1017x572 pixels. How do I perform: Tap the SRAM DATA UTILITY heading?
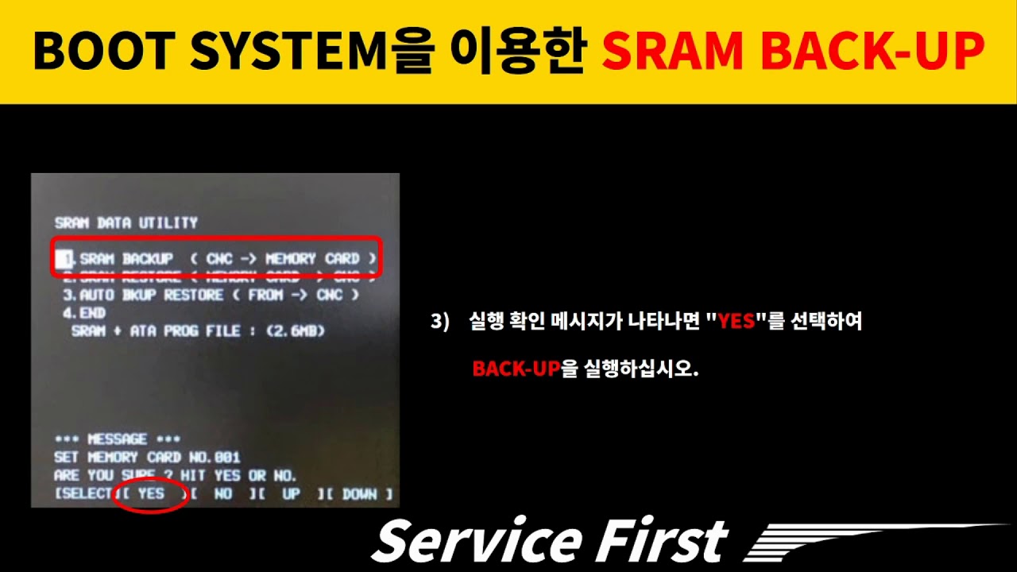(x=126, y=223)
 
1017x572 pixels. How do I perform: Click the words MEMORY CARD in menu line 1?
(x=311, y=259)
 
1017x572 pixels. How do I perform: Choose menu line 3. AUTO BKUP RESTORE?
(x=143, y=295)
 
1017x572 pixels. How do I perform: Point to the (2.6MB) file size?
(x=296, y=330)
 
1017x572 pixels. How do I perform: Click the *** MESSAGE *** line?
(x=117, y=439)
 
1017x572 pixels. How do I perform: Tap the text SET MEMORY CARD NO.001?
(x=147, y=458)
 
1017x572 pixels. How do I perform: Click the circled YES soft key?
(x=151, y=494)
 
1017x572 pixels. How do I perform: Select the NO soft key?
(x=223, y=494)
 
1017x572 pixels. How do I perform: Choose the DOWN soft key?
(x=359, y=494)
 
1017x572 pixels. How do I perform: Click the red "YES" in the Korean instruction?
(x=736, y=322)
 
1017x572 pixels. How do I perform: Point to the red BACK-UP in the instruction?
(x=516, y=369)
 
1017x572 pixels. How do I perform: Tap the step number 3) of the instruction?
(x=440, y=322)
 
